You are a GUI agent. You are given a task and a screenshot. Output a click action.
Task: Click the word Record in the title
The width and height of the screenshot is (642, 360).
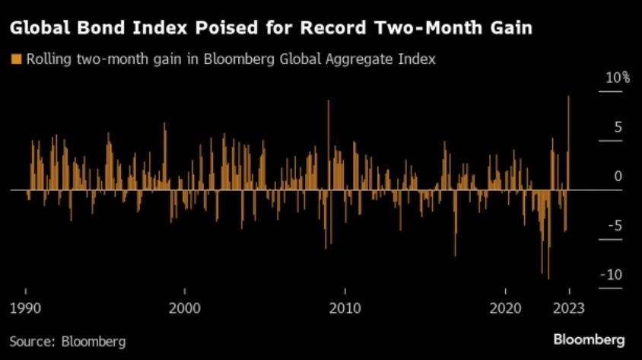pos(333,28)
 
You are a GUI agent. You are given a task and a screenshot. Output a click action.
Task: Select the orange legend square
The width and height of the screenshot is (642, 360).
pos(16,59)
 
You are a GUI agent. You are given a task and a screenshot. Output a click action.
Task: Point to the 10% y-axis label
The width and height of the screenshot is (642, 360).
pos(618,78)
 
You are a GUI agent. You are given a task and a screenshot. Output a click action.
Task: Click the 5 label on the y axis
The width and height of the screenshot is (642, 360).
pos(618,127)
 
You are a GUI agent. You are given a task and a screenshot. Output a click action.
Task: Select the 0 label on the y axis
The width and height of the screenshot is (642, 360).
pos(618,176)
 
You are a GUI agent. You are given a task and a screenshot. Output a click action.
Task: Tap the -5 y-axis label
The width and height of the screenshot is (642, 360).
pos(615,225)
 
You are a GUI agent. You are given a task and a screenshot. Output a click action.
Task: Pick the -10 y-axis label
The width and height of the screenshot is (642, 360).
pos(612,275)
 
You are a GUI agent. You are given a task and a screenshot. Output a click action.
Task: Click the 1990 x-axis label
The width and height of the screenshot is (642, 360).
pos(25,308)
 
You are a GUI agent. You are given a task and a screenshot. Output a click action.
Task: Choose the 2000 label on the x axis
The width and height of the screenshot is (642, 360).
pos(185,308)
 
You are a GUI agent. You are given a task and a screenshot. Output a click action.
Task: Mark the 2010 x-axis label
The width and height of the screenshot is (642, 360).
pos(345,308)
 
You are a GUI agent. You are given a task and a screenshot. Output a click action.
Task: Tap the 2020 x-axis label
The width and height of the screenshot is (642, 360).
pos(505,308)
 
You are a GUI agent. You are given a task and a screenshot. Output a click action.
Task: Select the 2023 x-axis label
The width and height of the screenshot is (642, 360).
pos(569,308)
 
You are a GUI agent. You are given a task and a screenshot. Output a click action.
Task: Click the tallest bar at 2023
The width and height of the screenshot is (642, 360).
pos(568,143)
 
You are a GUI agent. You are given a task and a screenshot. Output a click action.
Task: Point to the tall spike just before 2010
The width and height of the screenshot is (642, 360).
pos(329,145)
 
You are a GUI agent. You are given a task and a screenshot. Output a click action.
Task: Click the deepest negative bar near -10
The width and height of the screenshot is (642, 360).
pos(548,234)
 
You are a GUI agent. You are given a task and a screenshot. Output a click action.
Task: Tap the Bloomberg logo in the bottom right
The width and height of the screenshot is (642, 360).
pos(589,340)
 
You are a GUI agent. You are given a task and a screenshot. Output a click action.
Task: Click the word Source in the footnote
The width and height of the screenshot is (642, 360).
pos(32,341)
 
